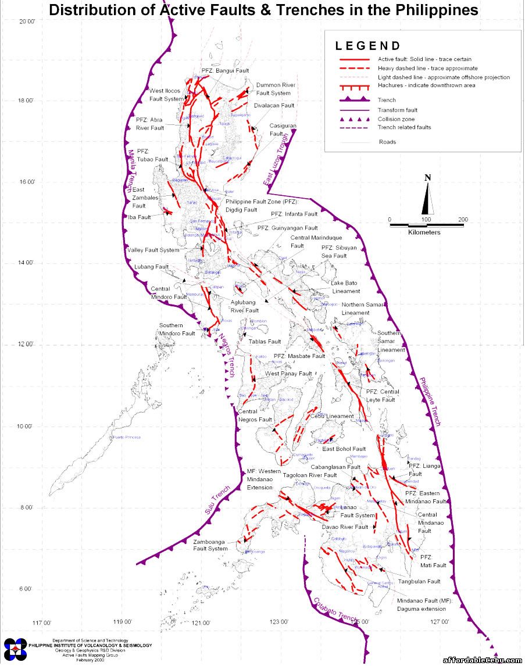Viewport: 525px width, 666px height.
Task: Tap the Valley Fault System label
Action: click(x=153, y=250)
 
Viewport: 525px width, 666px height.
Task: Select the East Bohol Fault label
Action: click(x=344, y=449)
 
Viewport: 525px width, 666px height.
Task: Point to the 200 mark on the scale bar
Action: click(x=463, y=220)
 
